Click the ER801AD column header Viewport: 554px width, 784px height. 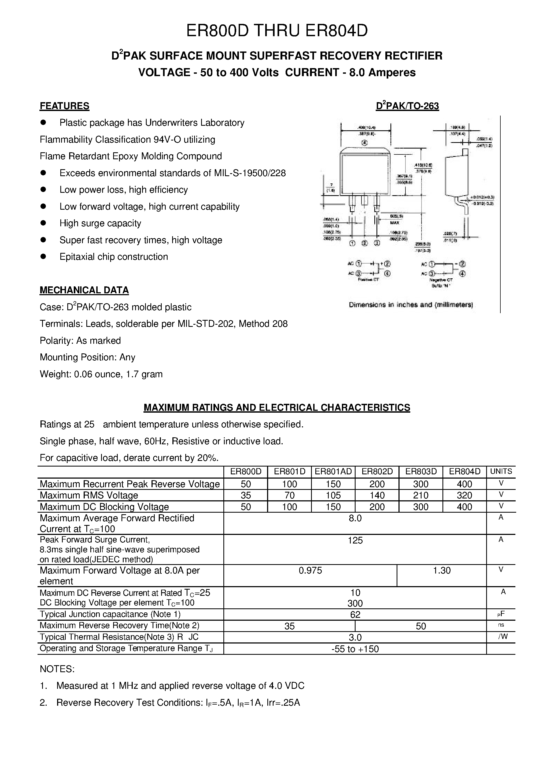tap(333, 472)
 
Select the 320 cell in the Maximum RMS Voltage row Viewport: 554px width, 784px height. tap(464, 495)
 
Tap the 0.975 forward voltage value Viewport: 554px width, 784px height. tap(310, 571)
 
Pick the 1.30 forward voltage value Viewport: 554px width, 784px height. tap(442, 571)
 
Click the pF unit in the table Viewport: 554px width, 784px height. tap(501, 614)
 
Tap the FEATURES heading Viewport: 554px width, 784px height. tap(65, 106)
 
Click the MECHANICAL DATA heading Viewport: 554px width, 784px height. tap(84, 290)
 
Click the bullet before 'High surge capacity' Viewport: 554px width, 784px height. tap(43, 223)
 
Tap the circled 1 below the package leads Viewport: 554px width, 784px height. tap(352, 243)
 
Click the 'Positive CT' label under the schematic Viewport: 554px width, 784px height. tap(368, 280)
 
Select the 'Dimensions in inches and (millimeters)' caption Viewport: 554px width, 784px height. tap(411, 305)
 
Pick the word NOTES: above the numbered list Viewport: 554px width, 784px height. tap(57, 669)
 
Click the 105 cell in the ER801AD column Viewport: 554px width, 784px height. tap(333, 495)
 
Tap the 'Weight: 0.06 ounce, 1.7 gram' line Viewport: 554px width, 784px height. tap(101, 374)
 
